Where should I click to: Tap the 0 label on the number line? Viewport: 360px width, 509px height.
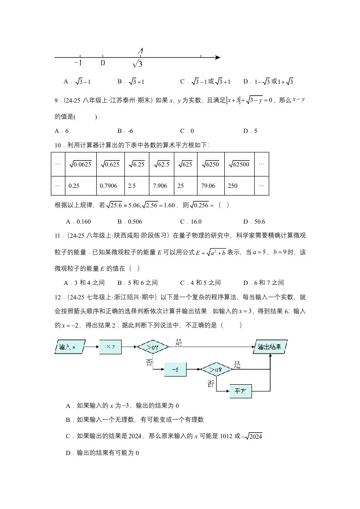click(103, 64)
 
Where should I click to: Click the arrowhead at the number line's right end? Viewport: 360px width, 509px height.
click(217, 58)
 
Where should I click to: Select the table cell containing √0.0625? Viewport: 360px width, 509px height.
click(80, 164)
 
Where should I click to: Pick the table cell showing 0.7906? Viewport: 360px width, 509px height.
click(110, 186)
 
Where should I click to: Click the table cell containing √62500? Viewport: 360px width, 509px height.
click(239, 164)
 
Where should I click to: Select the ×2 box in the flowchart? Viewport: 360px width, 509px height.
click(110, 347)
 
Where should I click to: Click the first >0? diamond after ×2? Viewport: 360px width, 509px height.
click(153, 347)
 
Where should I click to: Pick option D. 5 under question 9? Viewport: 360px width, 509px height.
click(250, 131)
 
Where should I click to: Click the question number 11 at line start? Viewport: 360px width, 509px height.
click(58, 235)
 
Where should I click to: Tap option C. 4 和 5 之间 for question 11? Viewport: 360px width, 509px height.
click(200, 283)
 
